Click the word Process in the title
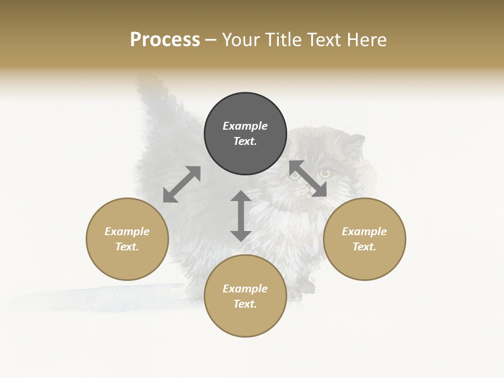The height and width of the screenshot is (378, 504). pyautogui.click(x=165, y=40)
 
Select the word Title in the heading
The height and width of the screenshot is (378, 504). pyautogui.click(x=286, y=40)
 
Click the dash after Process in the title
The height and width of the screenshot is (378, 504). pyautogui.click(x=211, y=40)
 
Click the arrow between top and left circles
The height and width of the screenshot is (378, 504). pyautogui.click(x=182, y=184)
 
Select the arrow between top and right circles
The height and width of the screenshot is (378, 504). pyautogui.click(x=308, y=178)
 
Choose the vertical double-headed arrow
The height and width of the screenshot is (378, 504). pyautogui.click(x=241, y=216)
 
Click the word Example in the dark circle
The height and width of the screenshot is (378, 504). pyautogui.click(x=245, y=126)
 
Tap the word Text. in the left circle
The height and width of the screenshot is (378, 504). pyautogui.click(x=127, y=247)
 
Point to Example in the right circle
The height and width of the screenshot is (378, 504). pyautogui.click(x=364, y=232)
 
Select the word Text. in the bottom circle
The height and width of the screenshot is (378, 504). pyautogui.click(x=245, y=304)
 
